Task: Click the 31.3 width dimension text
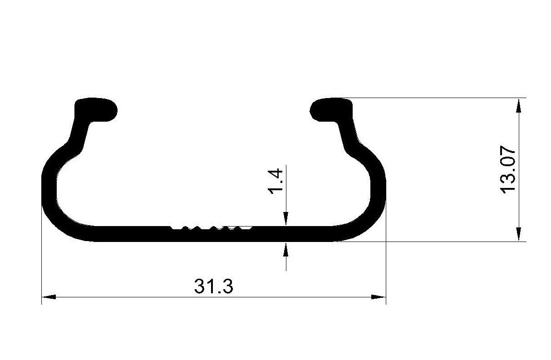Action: point(213,286)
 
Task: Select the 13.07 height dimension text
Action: point(508,170)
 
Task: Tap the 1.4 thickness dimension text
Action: point(275,181)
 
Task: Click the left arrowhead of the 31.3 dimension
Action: point(49,297)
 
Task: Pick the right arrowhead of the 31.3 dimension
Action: point(379,297)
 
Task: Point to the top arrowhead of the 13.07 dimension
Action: point(519,105)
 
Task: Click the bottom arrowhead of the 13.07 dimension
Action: point(519,234)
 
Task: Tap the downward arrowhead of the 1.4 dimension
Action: point(286,219)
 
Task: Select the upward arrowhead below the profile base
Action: point(286,249)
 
